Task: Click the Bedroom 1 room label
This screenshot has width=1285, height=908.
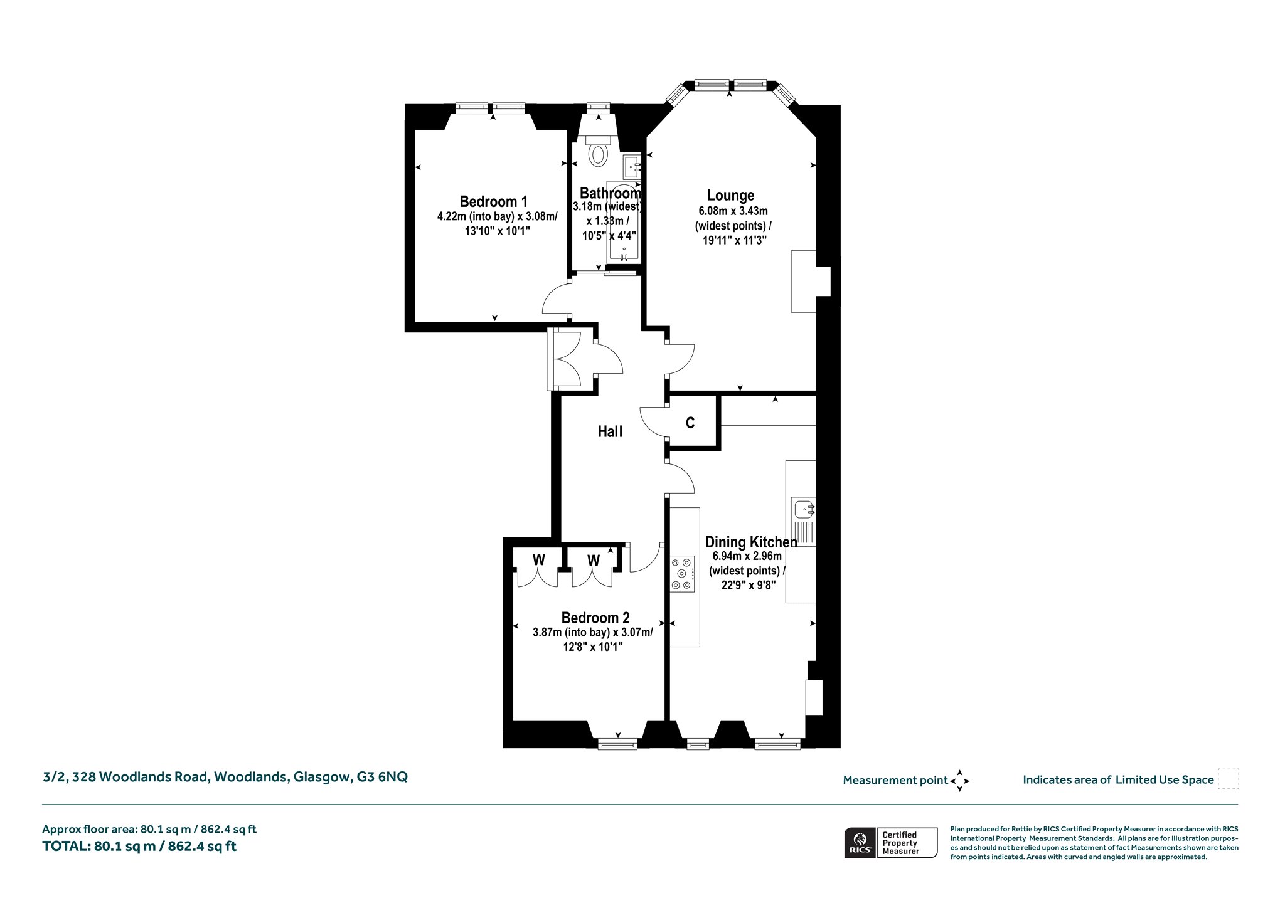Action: tap(493, 201)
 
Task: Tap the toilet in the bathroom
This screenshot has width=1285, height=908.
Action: tap(599, 150)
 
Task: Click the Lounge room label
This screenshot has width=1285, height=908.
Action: tap(730, 195)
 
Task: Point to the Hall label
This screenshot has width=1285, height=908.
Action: tap(610, 431)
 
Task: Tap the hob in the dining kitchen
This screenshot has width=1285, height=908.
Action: tap(683, 574)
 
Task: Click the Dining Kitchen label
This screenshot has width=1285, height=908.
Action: tap(751, 542)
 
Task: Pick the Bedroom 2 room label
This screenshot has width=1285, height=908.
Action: tap(595, 618)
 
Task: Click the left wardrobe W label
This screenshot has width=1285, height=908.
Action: tap(539, 559)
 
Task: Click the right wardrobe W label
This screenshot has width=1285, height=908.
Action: tap(594, 559)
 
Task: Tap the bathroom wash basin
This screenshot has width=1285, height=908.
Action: tap(631, 167)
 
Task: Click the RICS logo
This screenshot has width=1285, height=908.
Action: tap(860, 842)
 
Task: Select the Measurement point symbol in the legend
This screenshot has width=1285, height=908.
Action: tap(959, 781)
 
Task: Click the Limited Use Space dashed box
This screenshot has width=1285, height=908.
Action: tap(1228, 779)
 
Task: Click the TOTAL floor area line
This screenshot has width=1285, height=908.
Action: tap(139, 846)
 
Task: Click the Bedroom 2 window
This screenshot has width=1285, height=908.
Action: tap(617, 744)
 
